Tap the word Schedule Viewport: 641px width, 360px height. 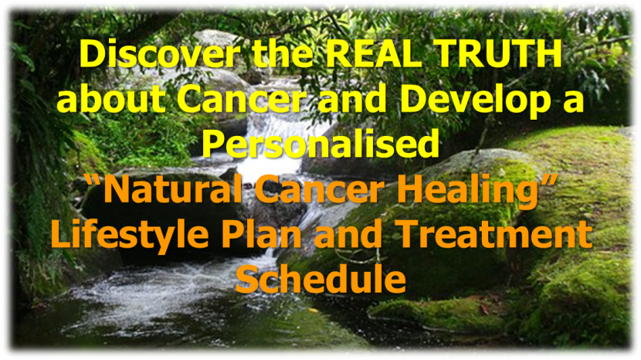[321, 277]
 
